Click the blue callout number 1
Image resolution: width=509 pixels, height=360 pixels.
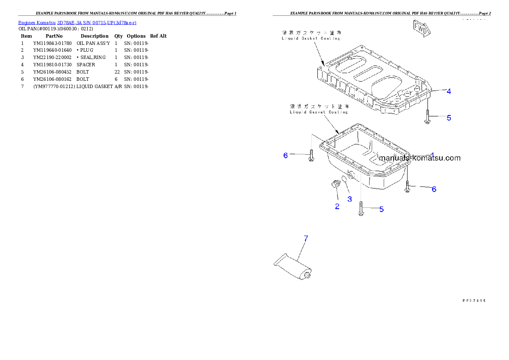(432, 155)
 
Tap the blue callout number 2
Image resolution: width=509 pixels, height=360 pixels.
(337, 207)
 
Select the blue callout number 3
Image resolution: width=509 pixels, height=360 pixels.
(349, 199)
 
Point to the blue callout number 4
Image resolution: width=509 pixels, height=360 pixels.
(449, 91)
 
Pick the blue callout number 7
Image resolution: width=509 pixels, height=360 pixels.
(305, 239)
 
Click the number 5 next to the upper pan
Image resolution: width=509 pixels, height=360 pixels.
(449, 118)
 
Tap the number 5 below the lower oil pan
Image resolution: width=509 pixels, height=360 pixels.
(381, 209)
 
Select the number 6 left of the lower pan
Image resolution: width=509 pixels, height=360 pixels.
(286, 155)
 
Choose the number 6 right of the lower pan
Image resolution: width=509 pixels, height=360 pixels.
(434, 189)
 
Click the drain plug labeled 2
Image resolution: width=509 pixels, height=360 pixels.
(335, 185)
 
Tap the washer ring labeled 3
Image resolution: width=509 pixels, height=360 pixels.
(344, 180)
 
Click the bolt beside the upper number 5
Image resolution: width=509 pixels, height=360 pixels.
(427, 117)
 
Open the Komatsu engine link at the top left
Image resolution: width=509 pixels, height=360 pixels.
(77, 23)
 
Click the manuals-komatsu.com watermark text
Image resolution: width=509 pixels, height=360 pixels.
(420, 158)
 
